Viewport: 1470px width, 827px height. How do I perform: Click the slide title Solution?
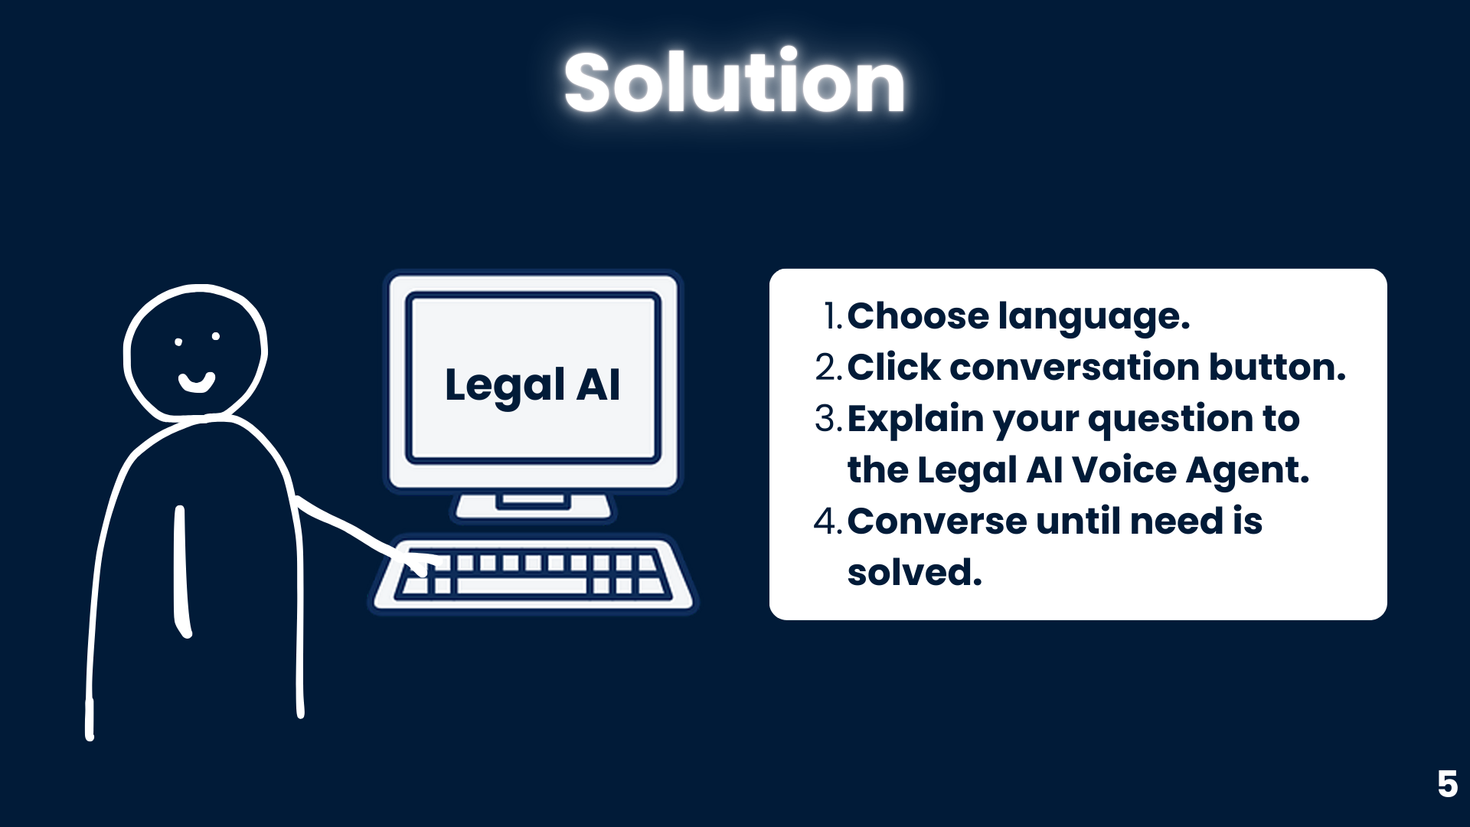click(x=734, y=82)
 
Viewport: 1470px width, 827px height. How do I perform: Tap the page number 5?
click(x=1447, y=784)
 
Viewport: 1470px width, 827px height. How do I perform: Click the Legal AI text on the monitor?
click(x=532, y=384)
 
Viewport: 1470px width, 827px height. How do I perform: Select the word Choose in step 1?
click(x=918, y=316)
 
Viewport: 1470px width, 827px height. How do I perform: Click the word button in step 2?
click(x=1277, y=367)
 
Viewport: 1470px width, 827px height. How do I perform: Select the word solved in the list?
click(x=914, y=572)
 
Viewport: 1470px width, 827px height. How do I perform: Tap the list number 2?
click(x=828, y=368)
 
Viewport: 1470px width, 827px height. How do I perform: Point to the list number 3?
click(x=828, y=419)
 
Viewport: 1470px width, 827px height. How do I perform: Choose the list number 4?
click(x=828, y=521)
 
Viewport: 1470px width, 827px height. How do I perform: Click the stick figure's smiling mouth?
click(x=197, y=382)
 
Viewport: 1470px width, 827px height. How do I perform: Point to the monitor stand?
click(x=534, y=507)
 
